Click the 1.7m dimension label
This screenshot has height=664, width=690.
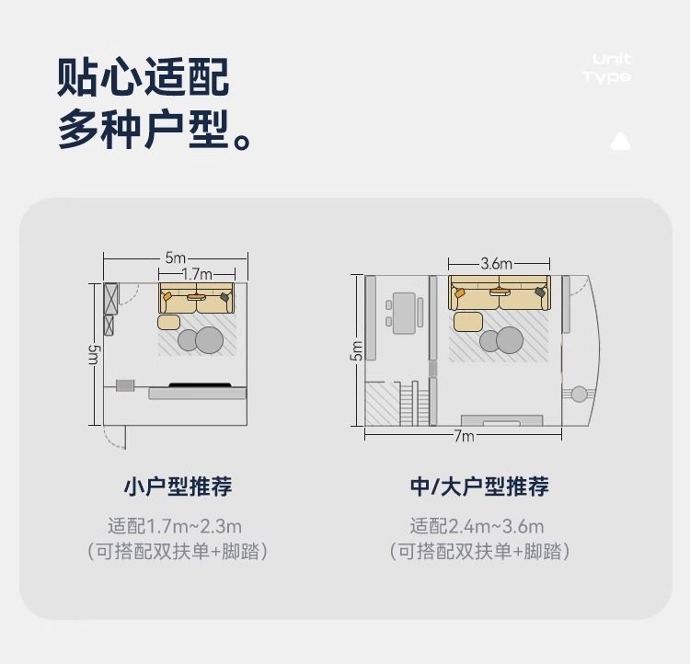(x=196, y=274)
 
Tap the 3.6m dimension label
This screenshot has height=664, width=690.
(x=496, y=263)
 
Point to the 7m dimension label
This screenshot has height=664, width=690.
(x=463, y=436)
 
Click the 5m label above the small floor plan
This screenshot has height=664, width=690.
(x=175, y=258)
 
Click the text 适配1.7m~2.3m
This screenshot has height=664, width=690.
(x=175, y=527)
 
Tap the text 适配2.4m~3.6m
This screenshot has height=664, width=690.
(x=477, y=527)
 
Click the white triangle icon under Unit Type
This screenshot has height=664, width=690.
(x=620, y=142)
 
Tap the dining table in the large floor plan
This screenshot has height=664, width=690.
(x=403, y=313)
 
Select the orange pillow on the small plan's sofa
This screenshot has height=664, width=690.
(x=167, y=297)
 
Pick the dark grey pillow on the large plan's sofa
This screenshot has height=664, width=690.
(x=539, y=292)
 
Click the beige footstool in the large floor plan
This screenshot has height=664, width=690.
(x=467, y=321)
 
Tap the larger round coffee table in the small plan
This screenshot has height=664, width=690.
(x=210, y=340)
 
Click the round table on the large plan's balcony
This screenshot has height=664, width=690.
(x=579, y=395)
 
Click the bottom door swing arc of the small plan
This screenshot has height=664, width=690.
(x=116, y=436)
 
